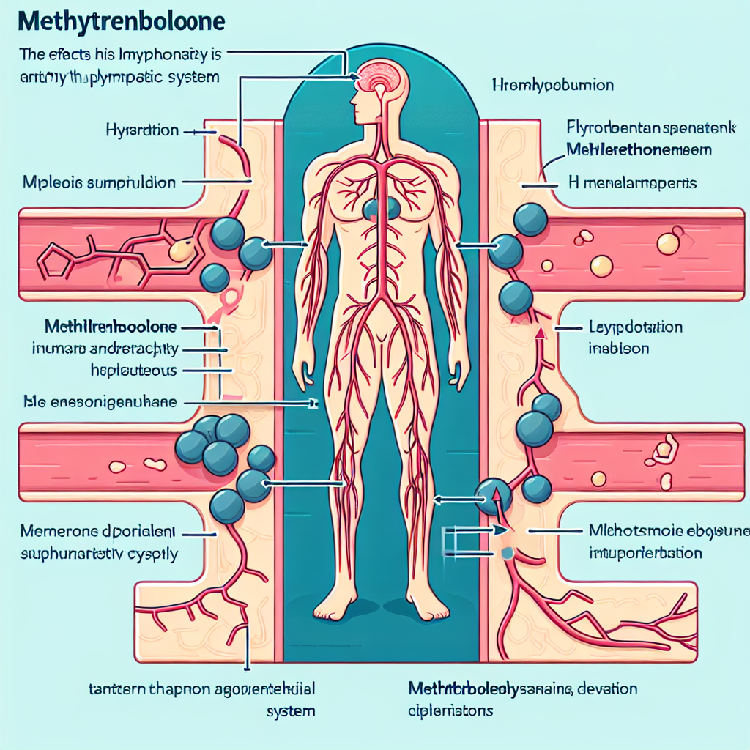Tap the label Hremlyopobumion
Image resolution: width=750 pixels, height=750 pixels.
(x=553, y=86)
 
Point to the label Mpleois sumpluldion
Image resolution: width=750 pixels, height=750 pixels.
(x=100, y=182)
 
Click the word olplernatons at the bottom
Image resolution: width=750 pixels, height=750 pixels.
(x=450, y=710)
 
